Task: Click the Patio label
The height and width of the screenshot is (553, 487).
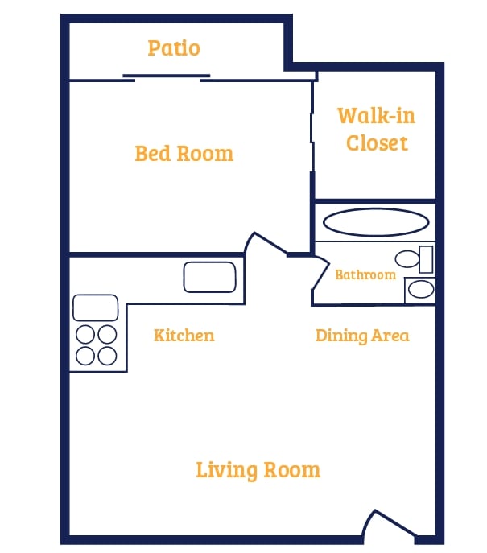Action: (174, 48)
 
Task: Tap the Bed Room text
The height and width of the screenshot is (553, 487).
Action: (184, 153)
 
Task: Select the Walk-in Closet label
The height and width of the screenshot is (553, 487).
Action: (376, 130)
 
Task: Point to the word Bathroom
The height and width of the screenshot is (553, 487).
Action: (365, 274)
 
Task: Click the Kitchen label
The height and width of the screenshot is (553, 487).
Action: (184, 335)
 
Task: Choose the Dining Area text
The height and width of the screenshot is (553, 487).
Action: (362, 335)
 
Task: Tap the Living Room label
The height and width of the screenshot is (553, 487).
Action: (258, 469)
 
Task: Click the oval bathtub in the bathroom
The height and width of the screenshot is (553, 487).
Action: (375, 222)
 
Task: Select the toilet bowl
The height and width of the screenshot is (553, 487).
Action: (407, 259)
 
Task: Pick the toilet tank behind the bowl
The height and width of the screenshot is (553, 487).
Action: (426, 259)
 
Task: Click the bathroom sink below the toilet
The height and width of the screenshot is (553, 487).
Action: (419, 289)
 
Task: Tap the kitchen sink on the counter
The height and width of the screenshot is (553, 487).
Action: (209, 277)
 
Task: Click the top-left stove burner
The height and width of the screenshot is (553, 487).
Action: (86, 334)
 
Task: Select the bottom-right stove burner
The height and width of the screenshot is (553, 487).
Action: (106, 354)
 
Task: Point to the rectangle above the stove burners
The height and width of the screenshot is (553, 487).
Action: (96, 307)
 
